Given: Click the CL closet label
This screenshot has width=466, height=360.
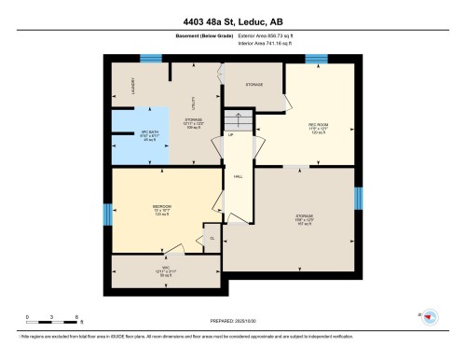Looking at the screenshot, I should point(212,239).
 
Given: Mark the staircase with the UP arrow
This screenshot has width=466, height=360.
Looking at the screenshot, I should point(238,122).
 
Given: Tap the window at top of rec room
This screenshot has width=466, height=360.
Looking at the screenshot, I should point(318,60).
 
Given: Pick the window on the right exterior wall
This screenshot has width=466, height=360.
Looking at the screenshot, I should point(358,199).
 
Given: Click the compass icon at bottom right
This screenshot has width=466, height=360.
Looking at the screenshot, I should point(430,317).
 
